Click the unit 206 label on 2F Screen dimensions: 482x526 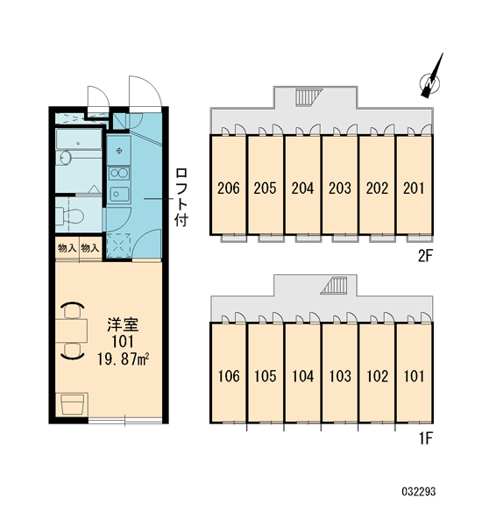tap(229, 188)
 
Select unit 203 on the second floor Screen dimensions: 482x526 tap(339, 188)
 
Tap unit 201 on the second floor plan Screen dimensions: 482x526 tap(414, 188)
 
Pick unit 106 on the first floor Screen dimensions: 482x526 tap(229, 376)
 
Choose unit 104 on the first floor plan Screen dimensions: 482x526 tap(302, 376)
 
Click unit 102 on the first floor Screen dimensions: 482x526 tap(377, 376)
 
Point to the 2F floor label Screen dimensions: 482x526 tap(426, 256)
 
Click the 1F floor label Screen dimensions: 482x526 tap(426, 438)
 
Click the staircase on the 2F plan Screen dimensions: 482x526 tap(308, 97)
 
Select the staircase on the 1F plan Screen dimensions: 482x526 tap(333, 286)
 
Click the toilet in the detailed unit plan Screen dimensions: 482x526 tap(70, 216)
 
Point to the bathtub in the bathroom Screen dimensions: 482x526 tap(79, 139)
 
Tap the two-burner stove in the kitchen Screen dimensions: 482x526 tap(119, 174)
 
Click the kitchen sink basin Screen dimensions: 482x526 tap(119, 194)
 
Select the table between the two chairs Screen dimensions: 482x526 tap(72, 331)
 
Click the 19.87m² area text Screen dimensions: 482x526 tap(123, 359)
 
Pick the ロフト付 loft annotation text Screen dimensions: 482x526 tap(181, 197)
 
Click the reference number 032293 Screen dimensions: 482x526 tap(419, 492)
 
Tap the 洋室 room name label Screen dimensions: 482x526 tap(123, 325)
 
